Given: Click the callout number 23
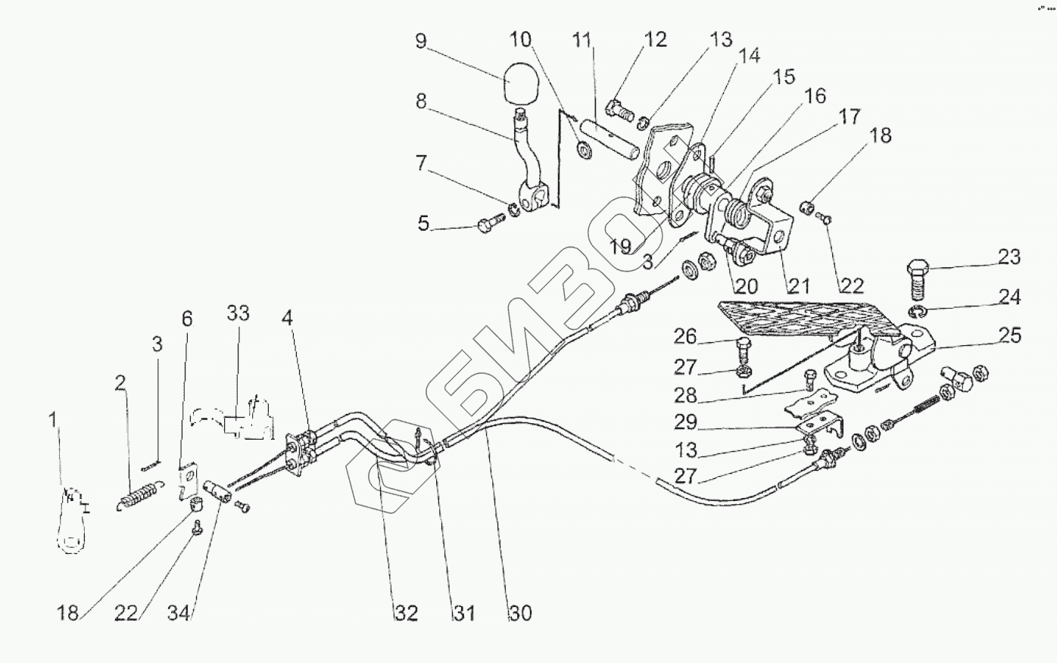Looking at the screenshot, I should point(1009,257).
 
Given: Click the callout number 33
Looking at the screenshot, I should point(238,313).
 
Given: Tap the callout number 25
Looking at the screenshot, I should point(1009,335).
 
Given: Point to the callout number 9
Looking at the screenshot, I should point(421,40).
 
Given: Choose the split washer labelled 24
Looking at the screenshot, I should point(916,313).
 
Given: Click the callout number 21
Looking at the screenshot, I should point(798,285).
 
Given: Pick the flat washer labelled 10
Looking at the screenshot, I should point(585,149).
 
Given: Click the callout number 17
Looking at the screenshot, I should point(849,116).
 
